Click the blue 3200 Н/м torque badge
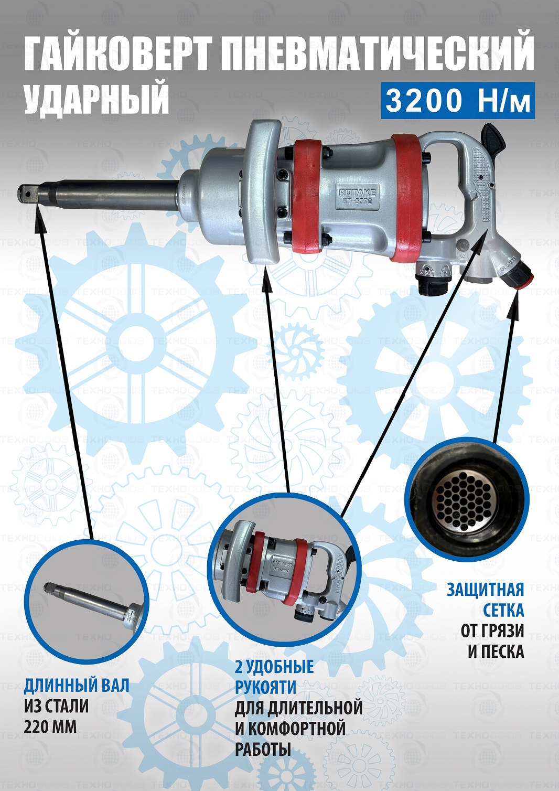pos(458,101)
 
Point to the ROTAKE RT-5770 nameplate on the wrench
pos(357,197)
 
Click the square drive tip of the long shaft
pos(27,193)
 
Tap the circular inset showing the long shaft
pos(87,598)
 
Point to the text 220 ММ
pos(50,728)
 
